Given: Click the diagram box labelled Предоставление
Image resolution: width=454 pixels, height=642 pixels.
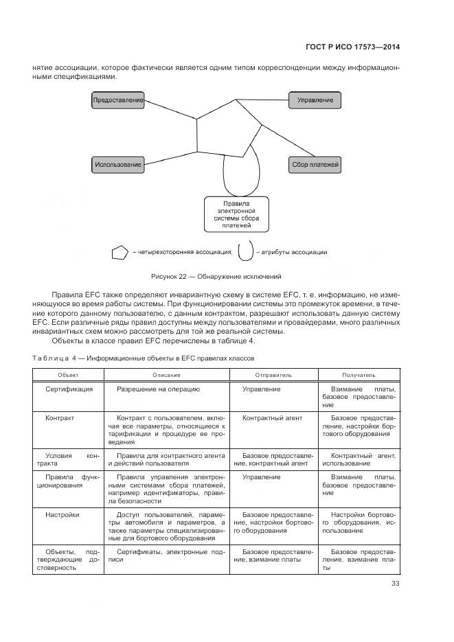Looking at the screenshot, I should [x=118, y=100].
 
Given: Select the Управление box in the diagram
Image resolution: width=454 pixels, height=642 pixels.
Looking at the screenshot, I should [x=315, y=100].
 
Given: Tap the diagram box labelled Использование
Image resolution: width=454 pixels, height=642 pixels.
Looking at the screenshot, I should [x=118, y=164].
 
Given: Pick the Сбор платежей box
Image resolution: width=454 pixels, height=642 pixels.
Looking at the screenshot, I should [x=315, y=164].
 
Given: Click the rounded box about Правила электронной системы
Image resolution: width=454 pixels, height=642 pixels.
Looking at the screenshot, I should [x=236, y=215].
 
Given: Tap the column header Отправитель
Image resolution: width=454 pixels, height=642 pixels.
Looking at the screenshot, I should [x=273, y=375].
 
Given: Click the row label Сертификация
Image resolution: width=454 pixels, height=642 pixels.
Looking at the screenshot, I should [x=69, y=389].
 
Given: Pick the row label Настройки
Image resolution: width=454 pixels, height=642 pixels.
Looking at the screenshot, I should [x=63, y=514].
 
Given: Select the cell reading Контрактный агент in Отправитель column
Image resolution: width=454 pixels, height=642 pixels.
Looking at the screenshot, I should [x=272, y=417].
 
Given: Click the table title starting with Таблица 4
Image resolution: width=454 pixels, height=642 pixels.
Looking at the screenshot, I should [x=144, y=358].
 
